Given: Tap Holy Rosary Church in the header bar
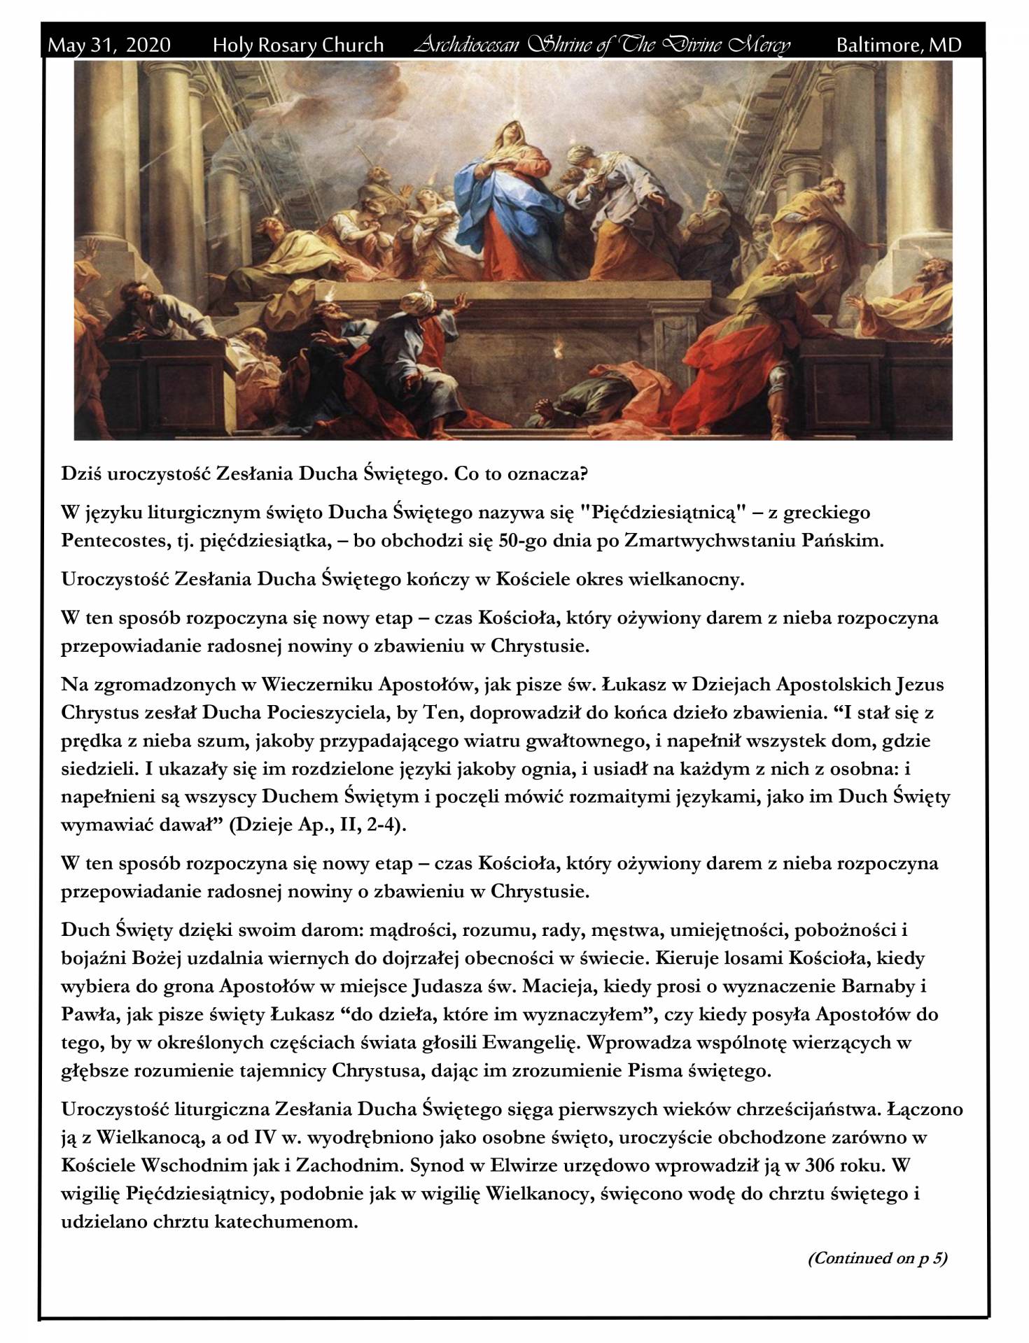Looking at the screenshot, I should click(298, 45).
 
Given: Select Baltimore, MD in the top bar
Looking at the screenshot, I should click(899, 45).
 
